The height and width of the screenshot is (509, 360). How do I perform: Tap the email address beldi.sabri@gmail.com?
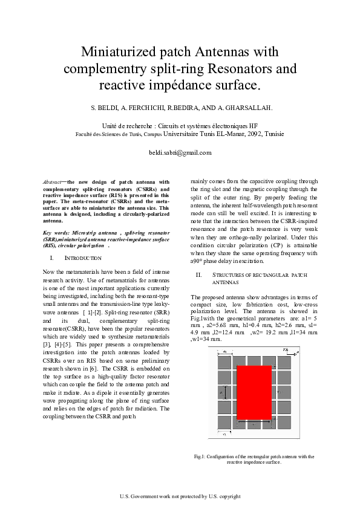180,152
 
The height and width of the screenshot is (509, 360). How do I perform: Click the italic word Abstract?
53,181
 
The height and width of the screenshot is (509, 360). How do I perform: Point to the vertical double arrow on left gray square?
223,392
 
